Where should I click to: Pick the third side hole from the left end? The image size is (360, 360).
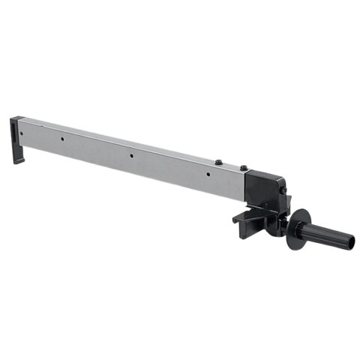pyautogui.click(x=131, y=157)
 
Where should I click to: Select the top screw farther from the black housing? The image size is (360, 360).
pyautogui.click(x=218, y=162)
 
